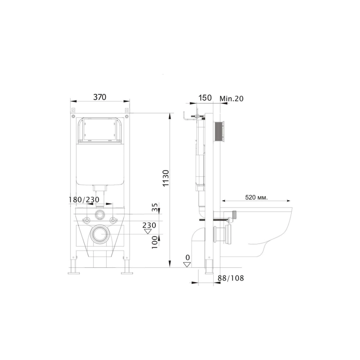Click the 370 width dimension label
[100, 97]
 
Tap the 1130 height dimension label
[166, 178]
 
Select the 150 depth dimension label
[205, 98]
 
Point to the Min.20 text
[231, 99]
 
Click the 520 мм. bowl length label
[256, 198]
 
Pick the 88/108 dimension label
[231, 278]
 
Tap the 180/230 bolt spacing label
[84, 199]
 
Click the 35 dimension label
[155, 207]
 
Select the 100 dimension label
[155, 242]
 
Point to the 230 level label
[149, 225]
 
